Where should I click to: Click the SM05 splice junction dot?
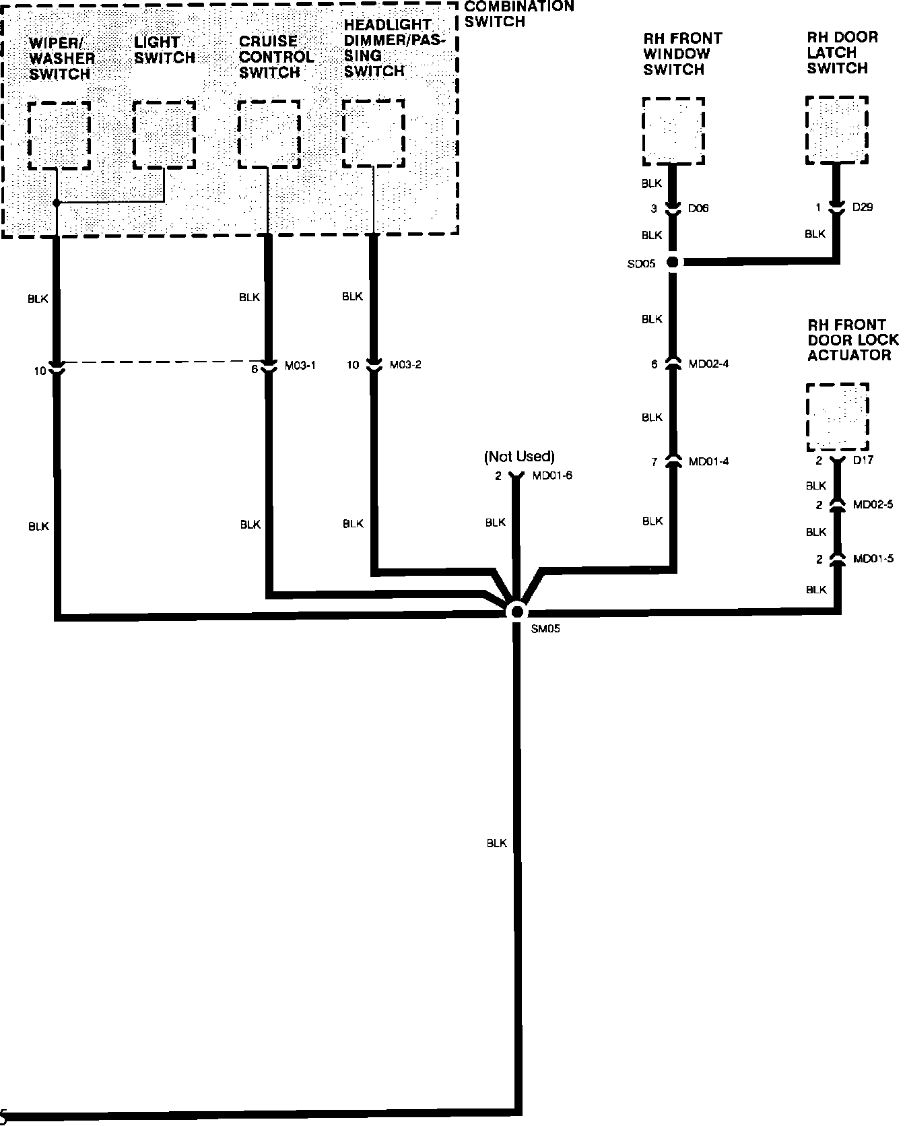(x=517, y=611)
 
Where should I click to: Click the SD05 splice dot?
(x=672, y=262)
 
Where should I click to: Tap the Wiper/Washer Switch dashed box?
(x=59, y=135)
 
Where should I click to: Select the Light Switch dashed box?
(x=164, y=135)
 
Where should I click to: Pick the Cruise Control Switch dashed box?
(x=269, y=134)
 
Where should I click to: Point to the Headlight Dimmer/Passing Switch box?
(x=374, y=133)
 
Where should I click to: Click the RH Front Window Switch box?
(x=673, y=131)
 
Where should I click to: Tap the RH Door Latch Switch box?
(x=837, y=130)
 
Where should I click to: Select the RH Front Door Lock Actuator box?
(x=837, y=418)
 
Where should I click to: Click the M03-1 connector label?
(x=300, y=366)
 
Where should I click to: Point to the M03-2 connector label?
(x=405, y=365)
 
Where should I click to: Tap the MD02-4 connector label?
(x=708, y=364)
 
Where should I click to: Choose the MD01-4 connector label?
(x=708, y=462)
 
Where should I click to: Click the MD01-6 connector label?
(x=552, y=476)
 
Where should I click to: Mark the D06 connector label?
(x=698, y=209)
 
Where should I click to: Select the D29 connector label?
(x=863, y=207)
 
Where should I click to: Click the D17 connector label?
(x=863, y=461)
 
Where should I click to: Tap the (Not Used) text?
(x=519, y=457)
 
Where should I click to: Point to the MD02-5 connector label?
(x=873, y=505)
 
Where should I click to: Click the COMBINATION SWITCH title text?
(x=518, y=13)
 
